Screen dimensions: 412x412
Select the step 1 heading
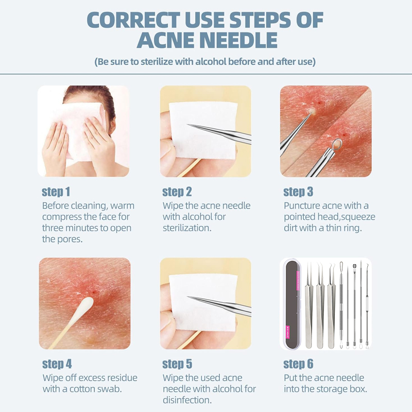click(56, 192)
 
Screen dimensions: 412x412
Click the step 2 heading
click(177, 192)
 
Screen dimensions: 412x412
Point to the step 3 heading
click(298, 192)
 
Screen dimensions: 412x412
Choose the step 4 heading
click(57, 364)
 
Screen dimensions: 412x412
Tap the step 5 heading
click(177, 364)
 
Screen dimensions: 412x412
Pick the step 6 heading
click(298, 364)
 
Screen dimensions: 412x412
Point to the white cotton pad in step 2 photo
click(202, 131)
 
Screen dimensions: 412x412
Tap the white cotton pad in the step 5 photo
click(202, 303)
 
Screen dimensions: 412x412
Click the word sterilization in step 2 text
click(187, 228)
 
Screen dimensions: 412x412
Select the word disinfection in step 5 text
click(187, 400)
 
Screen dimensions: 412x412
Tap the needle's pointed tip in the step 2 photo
click(187, 125)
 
